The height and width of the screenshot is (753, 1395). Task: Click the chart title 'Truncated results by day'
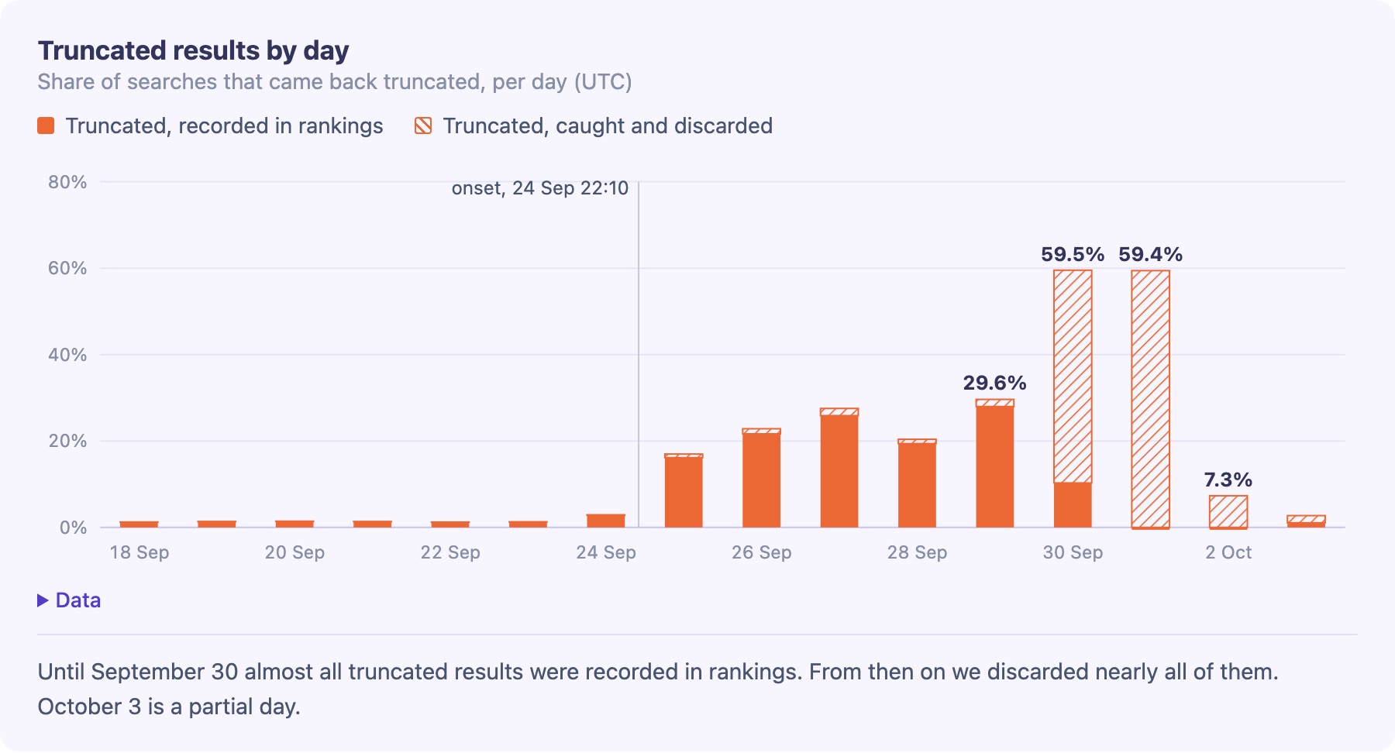193,50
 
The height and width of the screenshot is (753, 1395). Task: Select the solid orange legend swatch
46,125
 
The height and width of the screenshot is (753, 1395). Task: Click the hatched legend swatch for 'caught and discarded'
423,125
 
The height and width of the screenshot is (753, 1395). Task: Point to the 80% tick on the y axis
67,182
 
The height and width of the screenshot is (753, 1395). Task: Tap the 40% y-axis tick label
67,355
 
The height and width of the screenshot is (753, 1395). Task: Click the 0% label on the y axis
73,528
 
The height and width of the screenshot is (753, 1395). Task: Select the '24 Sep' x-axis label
606,552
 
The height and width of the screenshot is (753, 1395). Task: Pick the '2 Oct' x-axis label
1228,552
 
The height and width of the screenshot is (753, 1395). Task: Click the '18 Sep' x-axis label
139,552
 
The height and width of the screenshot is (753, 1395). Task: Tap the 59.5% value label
1073,254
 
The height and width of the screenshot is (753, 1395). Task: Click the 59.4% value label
1150,254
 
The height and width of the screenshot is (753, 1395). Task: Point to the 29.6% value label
994,383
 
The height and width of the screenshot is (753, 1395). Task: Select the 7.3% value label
1228,480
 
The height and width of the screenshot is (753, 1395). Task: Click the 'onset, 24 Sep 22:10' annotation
540,188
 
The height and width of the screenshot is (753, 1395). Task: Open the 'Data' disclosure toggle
69,600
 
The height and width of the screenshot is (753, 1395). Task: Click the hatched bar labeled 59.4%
1150,399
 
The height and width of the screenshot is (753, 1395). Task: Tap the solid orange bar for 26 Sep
762,480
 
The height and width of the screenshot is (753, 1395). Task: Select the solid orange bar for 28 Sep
917,485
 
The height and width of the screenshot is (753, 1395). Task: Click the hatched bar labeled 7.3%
1228,511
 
